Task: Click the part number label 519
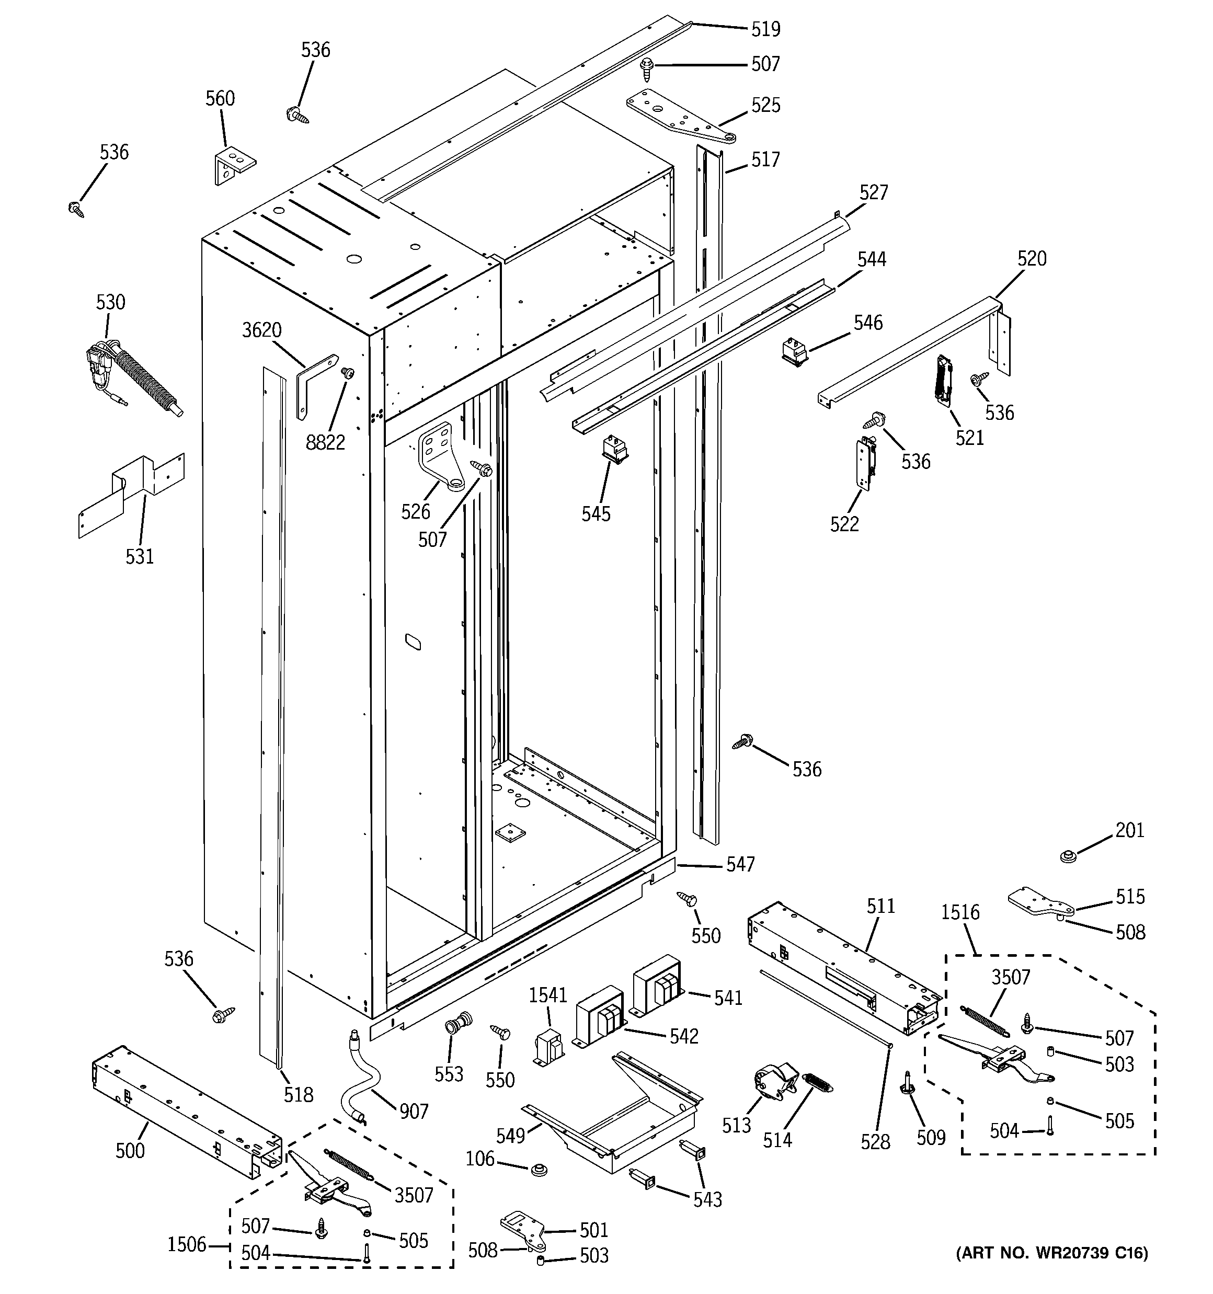click(x=765, y=29)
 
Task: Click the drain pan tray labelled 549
click(x=612, y=1119)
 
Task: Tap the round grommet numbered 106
click(x=538, y=1170)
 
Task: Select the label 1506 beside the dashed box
click(x=186, y=1244)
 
